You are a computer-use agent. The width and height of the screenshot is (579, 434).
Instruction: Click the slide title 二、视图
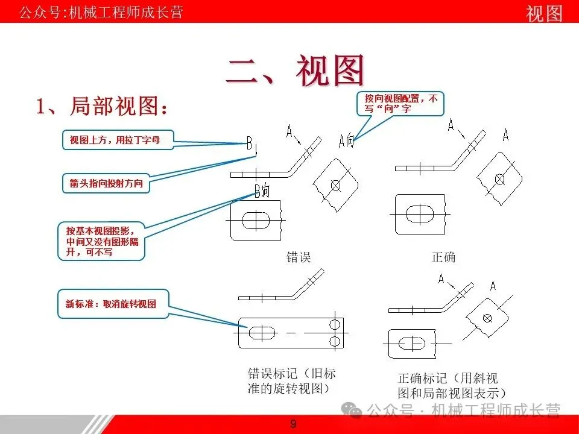pos(296,71)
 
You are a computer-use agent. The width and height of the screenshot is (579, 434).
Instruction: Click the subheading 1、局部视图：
pos(101,107)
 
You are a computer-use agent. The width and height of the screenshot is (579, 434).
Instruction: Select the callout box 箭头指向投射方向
pos(106,183)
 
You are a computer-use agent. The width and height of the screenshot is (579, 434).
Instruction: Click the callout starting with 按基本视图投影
pos(101,241)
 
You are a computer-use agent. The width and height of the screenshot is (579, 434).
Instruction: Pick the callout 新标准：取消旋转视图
pos(112,304)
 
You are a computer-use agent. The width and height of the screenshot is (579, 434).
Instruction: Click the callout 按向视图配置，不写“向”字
pos(400,103)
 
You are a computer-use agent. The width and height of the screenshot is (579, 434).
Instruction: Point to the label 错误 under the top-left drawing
pos(298,257)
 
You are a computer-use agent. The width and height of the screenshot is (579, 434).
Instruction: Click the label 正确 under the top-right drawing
pos(443,257)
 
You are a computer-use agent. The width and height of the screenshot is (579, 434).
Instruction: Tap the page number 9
pos(293,424)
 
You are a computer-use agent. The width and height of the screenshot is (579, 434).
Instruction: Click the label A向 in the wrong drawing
pos(346,141)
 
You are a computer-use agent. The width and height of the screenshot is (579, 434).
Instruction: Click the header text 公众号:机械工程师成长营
pos(101,12)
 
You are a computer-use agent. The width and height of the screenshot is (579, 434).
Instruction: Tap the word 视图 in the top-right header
pos(544,13)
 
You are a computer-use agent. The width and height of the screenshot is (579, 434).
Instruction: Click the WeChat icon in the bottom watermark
pos(352,411)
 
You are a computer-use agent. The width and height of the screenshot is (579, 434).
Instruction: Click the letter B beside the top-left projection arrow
pos(250,143)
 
